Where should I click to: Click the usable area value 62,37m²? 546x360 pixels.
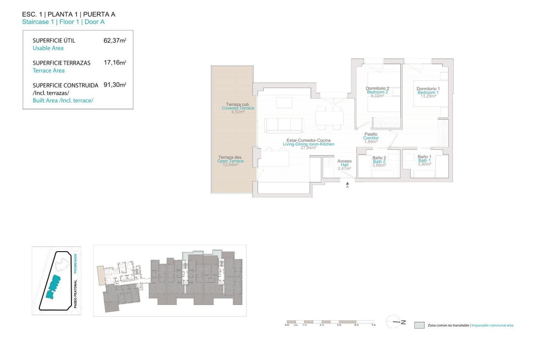point(115,41)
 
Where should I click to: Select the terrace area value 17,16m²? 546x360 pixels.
point(115,63)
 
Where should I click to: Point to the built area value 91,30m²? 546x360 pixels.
point(115,85)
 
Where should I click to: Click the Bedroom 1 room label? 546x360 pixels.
point(428,92)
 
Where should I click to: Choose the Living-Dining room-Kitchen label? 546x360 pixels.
point(308,144)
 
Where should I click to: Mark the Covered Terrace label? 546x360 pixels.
point(238,108)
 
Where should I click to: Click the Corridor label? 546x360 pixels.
point(371,138)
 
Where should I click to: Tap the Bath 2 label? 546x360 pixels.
point(379,161)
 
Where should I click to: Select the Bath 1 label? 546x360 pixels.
point(424,161)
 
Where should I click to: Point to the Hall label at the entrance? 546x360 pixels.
point(344,165)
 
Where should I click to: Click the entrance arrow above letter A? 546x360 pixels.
point(347,183)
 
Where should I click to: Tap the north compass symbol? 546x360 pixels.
point(396,322)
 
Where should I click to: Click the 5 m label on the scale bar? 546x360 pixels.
point(373,325)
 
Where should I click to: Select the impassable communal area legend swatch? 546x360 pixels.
point(419,325)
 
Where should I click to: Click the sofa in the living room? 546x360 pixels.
point(284,125)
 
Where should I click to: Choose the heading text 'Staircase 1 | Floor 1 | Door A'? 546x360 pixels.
point(63,22)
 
